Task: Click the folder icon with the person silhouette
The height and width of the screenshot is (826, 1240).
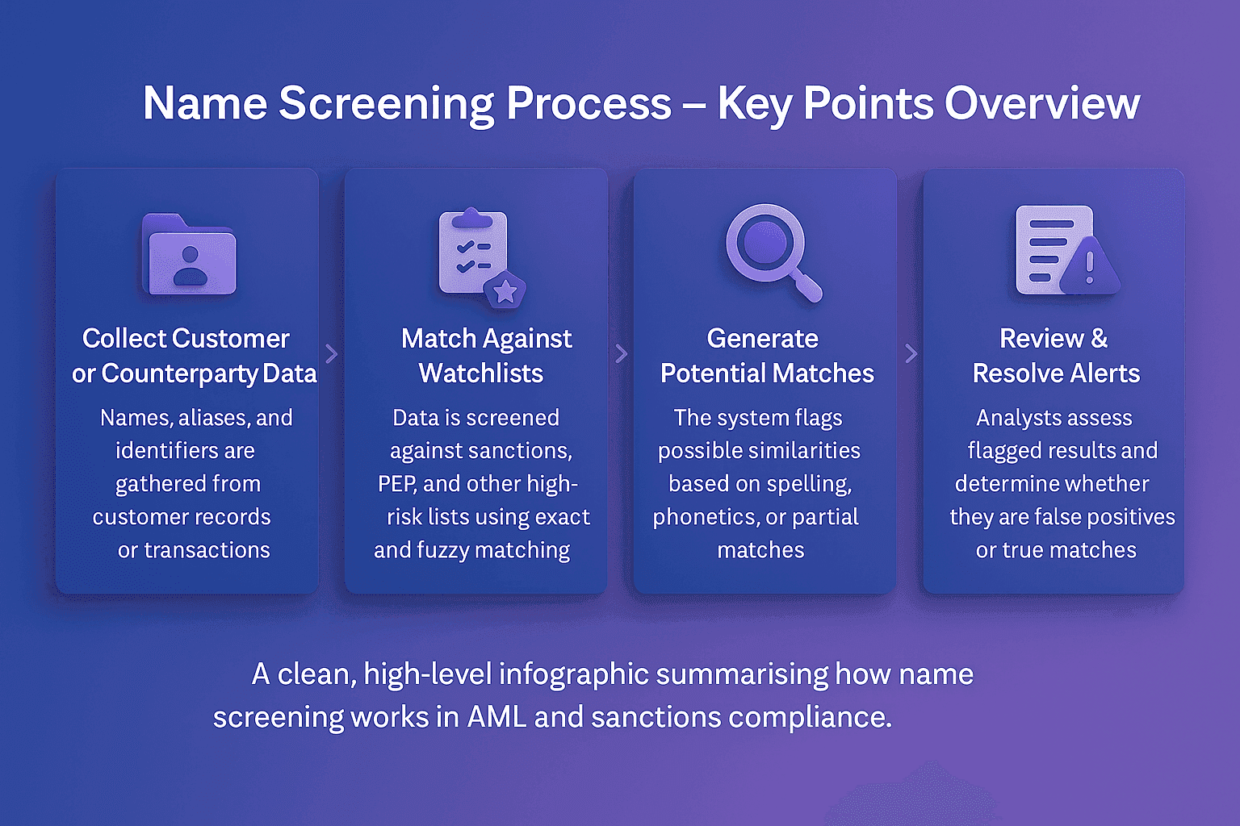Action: tap(190, 255)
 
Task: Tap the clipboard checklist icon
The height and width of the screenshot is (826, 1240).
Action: tap(472, 252)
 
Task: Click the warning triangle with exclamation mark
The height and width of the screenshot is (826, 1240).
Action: tap(1089, 265)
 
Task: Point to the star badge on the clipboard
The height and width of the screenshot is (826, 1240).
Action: tap(505, 290)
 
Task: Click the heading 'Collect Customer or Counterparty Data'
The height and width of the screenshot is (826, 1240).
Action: tap(193, 356)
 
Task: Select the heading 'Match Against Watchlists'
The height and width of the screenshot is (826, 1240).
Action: tap(485, 356)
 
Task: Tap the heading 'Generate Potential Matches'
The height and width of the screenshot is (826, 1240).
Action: tap(766, 356)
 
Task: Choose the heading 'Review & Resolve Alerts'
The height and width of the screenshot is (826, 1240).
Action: tap(1055, 356)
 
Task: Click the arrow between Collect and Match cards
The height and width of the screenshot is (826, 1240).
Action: tap(331, 353)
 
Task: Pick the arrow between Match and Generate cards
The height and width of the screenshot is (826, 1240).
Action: tap(621, 353)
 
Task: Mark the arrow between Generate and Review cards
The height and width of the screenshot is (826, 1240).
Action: tap(911, 353)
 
